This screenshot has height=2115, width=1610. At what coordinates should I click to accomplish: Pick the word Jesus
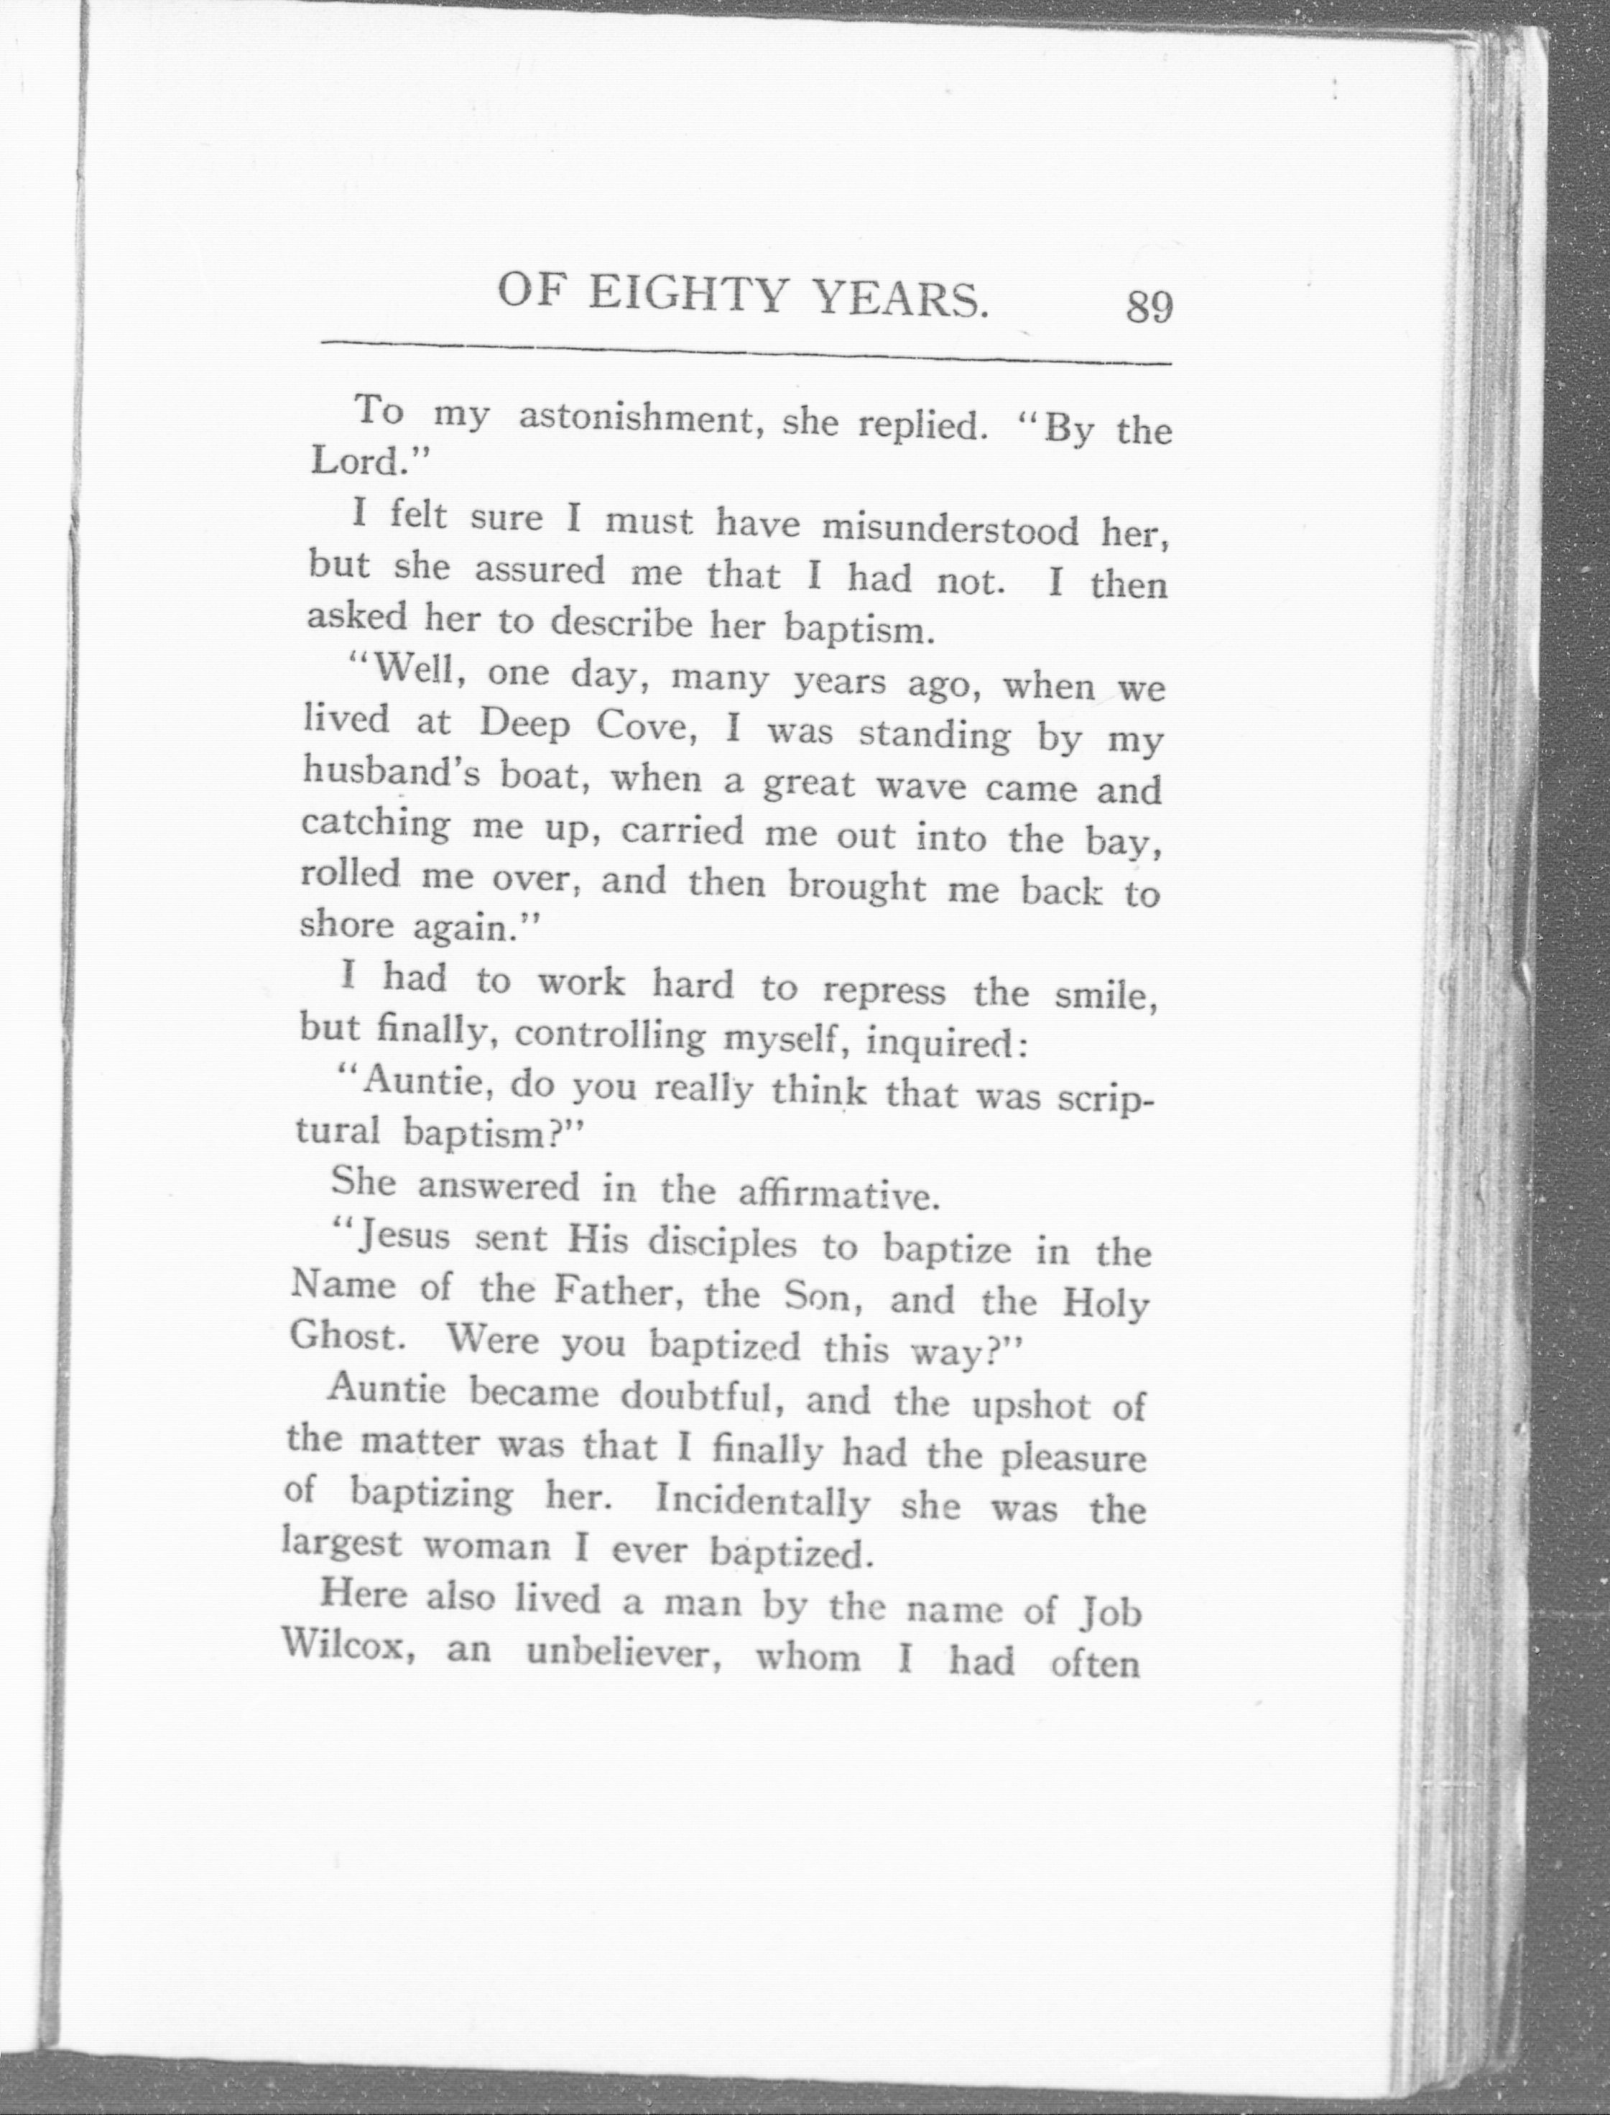click(402, 1238)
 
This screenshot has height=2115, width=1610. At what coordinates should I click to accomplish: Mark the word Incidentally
click(762, 1501)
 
